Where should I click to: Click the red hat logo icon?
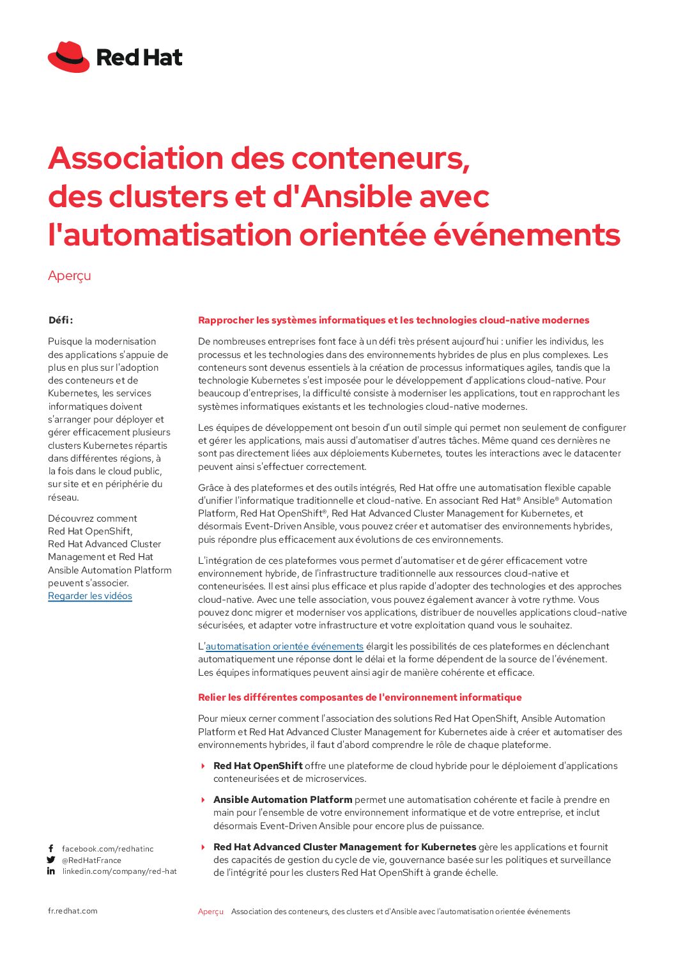[68, 57]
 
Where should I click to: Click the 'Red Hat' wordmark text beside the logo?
[139, 58]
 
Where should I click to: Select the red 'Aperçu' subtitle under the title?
[70, 276]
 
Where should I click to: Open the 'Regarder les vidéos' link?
[90, 596]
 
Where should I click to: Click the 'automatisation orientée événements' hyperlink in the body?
[284, 646]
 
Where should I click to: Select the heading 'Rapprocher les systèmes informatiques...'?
[394, 320]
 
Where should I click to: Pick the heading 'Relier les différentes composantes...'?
[360, 697]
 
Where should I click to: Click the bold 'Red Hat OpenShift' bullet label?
[257, 766]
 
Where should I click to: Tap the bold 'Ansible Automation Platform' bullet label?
[282, 800]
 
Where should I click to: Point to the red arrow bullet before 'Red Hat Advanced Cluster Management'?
[203, 847]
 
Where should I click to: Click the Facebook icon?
[51, 849]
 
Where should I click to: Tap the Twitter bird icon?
[51, 860]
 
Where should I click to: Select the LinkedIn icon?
[51, 871]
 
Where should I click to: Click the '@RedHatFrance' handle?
[91, 860]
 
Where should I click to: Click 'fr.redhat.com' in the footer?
[73, 911]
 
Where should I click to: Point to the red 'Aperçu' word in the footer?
[211, 912]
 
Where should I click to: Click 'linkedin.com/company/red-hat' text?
[119, 871]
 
